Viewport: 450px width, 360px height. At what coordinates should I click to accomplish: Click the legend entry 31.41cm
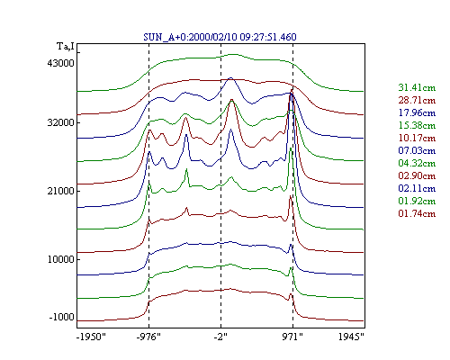(417, 87)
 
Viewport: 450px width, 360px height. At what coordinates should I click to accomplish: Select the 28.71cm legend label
(417, 100)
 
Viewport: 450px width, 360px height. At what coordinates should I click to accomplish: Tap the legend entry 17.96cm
(417, 112)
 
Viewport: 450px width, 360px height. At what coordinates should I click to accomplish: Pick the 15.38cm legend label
(417, 125)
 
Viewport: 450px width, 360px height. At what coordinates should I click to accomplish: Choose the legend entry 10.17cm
(417, 138)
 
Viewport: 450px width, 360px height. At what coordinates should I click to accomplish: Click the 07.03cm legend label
(417, 150)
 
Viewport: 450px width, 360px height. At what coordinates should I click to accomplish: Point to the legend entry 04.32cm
(417, 163)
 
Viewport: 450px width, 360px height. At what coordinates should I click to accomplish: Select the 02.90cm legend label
(417, 175)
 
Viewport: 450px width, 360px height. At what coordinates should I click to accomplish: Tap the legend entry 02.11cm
(417, 188)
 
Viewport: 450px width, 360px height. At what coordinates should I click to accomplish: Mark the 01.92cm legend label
(417, 201)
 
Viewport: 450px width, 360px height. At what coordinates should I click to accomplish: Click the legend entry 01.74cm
(417, 213)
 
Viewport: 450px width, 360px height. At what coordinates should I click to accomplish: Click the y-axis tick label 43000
(60, 63)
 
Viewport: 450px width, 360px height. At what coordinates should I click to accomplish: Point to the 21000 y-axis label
(60, 191)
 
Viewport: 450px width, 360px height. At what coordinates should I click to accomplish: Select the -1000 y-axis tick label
(61, 317)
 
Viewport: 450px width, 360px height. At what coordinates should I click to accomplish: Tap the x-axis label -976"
(148, 337)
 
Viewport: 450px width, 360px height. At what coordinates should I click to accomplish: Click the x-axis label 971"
(292, 337)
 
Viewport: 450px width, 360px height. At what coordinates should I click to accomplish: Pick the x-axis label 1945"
(351, 337)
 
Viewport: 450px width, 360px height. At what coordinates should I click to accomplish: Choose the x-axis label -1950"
(91, 337)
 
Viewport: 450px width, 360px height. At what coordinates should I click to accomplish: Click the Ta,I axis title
(66, 47)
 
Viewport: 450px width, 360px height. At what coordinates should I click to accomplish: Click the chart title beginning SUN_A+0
(220, 37)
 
